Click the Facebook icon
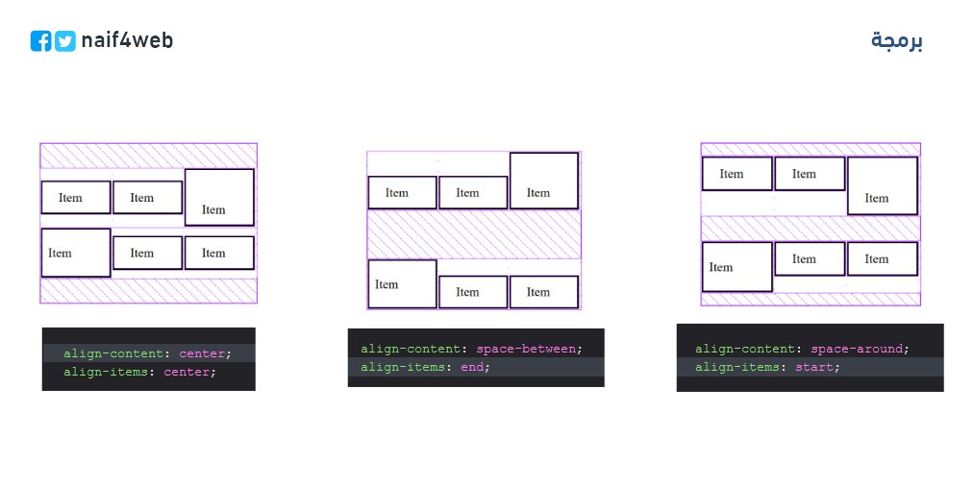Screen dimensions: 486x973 point(40,41)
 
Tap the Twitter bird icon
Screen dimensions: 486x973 point(65,41)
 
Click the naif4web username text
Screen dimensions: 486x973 point(127,40)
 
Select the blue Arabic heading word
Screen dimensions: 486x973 point(897,40)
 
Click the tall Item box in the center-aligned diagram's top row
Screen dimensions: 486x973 point(219,197)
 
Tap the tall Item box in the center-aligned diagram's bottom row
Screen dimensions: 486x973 point(75,253)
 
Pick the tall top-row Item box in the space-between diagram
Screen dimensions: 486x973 point(544,181)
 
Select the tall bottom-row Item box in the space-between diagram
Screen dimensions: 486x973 point(402,284)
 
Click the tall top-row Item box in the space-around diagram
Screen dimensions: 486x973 point(882,185)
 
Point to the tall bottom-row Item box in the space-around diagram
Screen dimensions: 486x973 point(736,266)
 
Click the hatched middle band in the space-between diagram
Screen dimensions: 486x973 point(474,234)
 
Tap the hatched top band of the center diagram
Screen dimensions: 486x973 point(148,155)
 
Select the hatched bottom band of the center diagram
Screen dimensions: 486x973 point(148,290)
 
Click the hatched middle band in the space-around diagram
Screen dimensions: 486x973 point(810,228)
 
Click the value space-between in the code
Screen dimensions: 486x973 point(528,349)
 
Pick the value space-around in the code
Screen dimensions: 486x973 point(858,349)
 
